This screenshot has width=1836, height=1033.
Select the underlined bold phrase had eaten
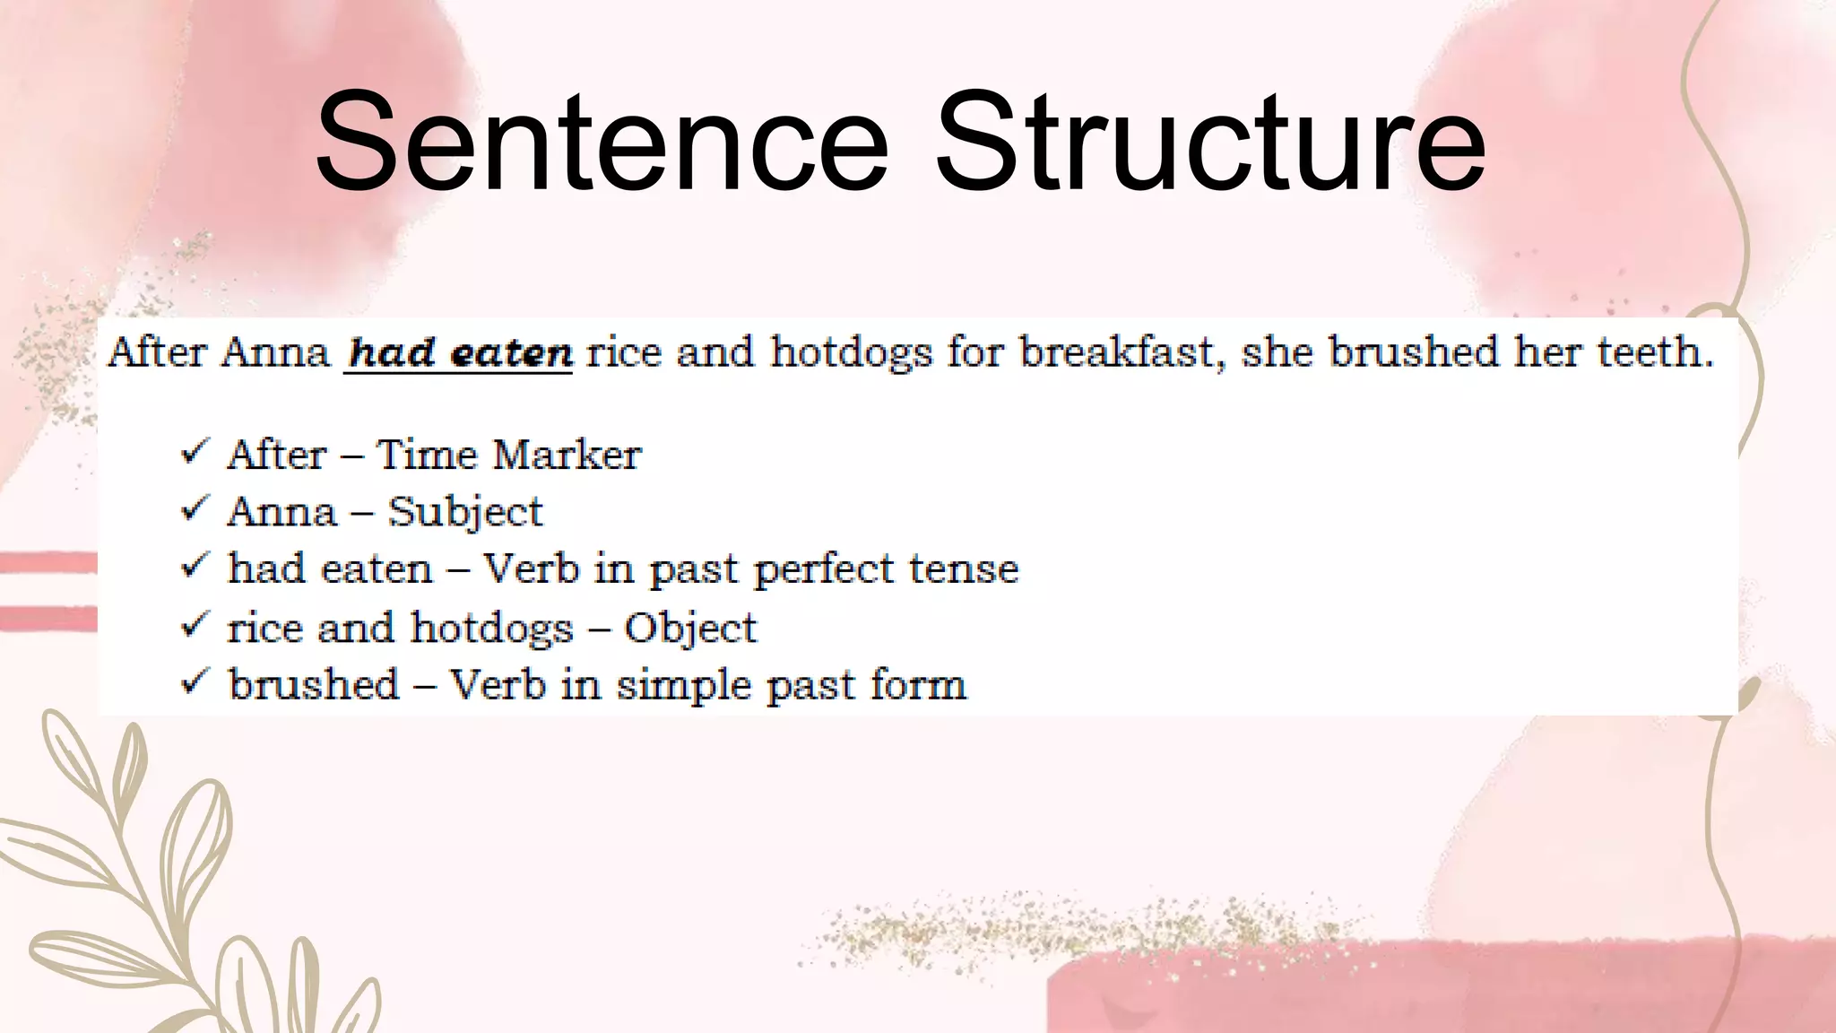pyautogui.click(x=459, y=352)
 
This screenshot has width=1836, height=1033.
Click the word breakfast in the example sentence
pyautogui.click(x=1121, y=352)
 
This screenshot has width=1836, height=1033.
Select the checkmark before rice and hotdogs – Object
pyautogui.click(x=195, y=624)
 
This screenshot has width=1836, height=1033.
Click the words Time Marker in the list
pyautogui.click(x=508, y=455)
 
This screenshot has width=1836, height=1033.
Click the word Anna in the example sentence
pyautogui.click(x=275, y=352)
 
